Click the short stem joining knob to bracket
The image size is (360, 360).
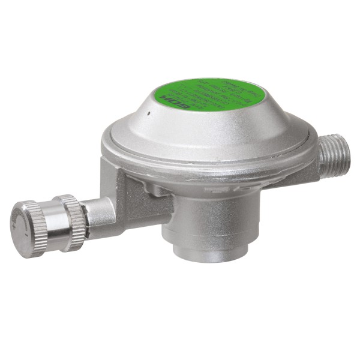coord(99,211)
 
